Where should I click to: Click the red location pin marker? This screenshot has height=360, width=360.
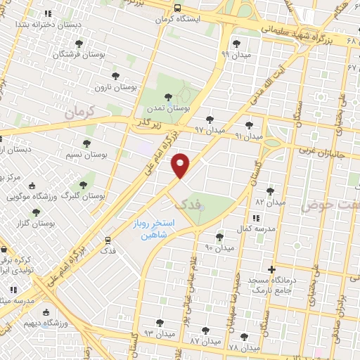coord(181,165)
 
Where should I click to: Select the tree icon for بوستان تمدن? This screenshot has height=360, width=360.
coord(167,98)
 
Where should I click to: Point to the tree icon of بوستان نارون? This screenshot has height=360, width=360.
coord(115,76)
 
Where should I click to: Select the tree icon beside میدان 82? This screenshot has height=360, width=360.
coord(270,191)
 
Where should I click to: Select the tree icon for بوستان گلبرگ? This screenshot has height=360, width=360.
coord(83,186)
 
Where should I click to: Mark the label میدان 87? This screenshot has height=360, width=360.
coord(205,340)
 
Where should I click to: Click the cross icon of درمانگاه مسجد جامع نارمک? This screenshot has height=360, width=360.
coord(272,269)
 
